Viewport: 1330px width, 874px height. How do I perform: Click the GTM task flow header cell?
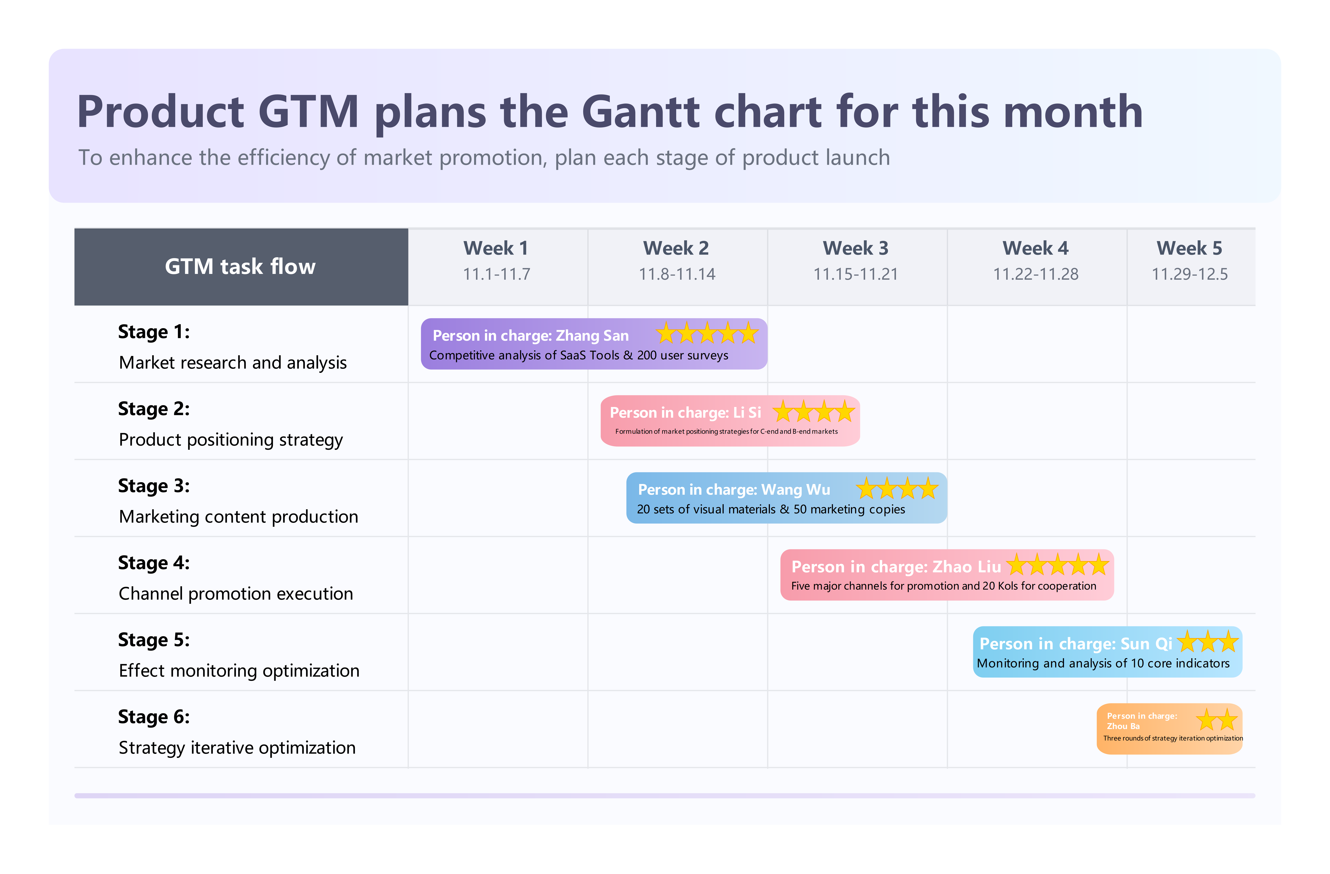[240, 267]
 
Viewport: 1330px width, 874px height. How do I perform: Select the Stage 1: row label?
[154, 332]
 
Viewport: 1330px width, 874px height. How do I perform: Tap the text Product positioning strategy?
[231, 440]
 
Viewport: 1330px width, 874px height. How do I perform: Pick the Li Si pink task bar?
[729, 421]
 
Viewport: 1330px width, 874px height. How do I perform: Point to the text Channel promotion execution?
[236, 593]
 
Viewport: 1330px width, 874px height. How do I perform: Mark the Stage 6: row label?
[154, 717]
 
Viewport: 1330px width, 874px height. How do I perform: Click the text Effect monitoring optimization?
[239, 670]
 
